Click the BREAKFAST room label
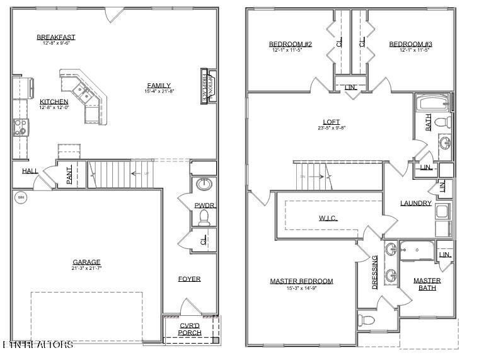tap(56, 37)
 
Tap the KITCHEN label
tap(54, 102)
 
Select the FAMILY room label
tap(159, 86)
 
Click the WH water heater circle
tap(20, 197)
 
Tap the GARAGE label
tap(86, 262)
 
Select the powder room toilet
tap(204, 218)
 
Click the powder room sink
tap(204, 184)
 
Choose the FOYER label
tap(189, 279)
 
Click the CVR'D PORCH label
tap(190, 328)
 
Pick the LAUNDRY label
tap(416, 203)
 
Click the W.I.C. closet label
tap(328, 219)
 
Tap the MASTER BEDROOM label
tap(301, 281)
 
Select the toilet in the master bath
tap(366, 320)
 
